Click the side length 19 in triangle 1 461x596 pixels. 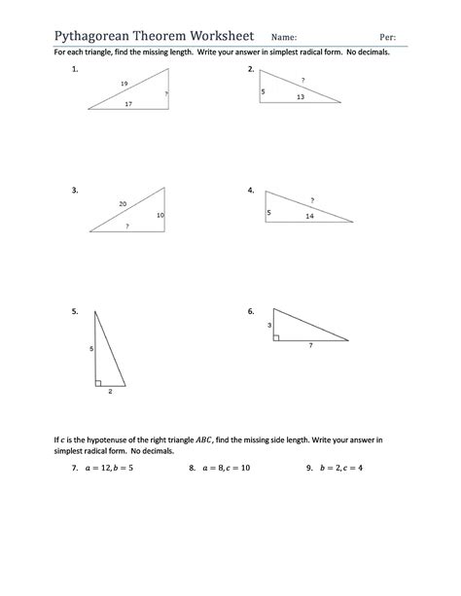pos(124,85)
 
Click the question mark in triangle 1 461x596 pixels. pos(166,93)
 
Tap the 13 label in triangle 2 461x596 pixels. pos(301,96)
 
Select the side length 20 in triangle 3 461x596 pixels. pos(123,203)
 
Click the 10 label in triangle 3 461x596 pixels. pos(160,214)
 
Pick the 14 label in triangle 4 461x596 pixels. pos(309,215)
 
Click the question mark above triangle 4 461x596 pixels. pos(312,199)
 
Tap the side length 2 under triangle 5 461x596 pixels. pos(110,392)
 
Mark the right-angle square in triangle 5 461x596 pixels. pos(99,382)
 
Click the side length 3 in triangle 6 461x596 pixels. pos(269,325)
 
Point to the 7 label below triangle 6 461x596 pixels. pos(310,346)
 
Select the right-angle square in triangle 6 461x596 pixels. pos(277,337)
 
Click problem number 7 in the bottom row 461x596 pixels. pos(74,468)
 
